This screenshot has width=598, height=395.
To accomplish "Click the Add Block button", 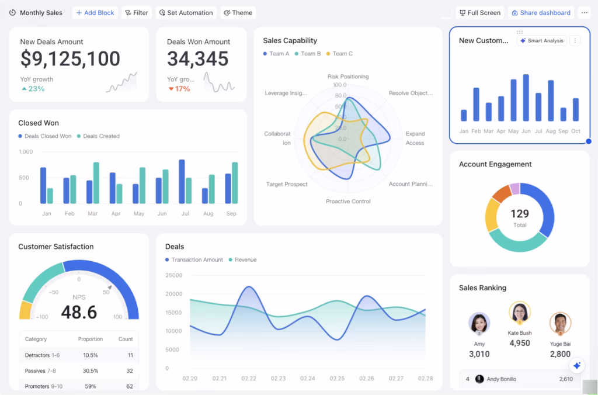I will [95, 13].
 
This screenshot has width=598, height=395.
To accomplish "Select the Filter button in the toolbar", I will [137, 13].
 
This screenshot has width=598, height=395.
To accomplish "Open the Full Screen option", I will [479, 13].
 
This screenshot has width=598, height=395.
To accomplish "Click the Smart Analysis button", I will [541, 41].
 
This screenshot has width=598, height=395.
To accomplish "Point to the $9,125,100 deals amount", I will [70, 58].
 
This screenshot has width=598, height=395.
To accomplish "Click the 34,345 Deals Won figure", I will [197, 58].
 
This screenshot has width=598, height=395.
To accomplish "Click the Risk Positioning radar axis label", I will [348, 77].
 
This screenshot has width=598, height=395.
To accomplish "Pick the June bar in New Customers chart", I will [526, 98].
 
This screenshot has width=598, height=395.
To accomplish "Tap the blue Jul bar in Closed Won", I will [182, 181].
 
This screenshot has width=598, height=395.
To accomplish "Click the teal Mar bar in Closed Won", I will [96, 182].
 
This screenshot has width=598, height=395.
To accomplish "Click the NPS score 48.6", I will [79, 313].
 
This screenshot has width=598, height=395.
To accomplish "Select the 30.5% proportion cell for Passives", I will [91, 370].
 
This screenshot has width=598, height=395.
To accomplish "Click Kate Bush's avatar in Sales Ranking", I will [519, 313].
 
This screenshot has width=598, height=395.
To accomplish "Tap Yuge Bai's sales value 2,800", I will [560, 354].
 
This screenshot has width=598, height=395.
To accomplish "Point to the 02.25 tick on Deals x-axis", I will [337, 379].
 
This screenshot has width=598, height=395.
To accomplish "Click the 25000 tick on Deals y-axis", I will [174, 275].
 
